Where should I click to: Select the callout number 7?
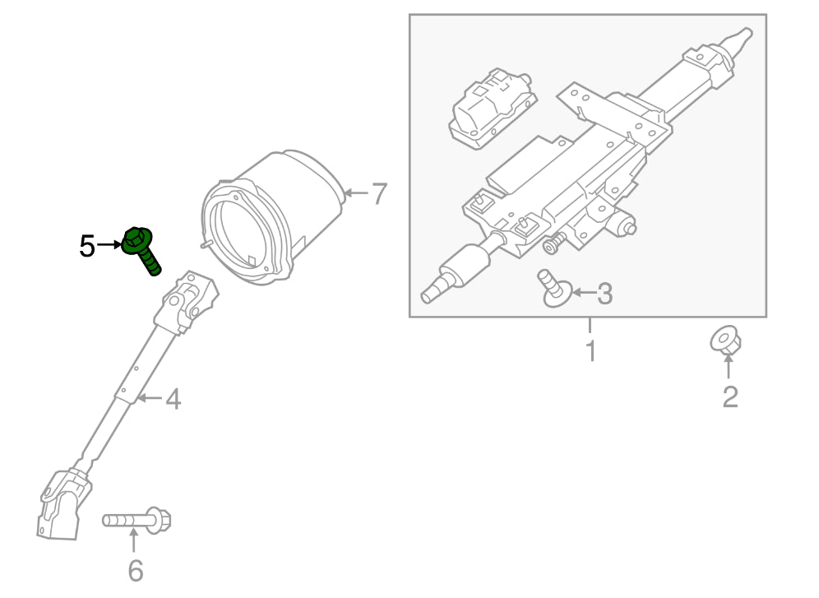377,195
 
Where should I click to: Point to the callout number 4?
172,400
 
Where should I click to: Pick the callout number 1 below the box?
590,350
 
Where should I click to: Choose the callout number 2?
729,397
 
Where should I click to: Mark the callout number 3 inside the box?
604,293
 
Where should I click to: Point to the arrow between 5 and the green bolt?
109,244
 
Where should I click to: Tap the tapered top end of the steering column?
736,41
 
